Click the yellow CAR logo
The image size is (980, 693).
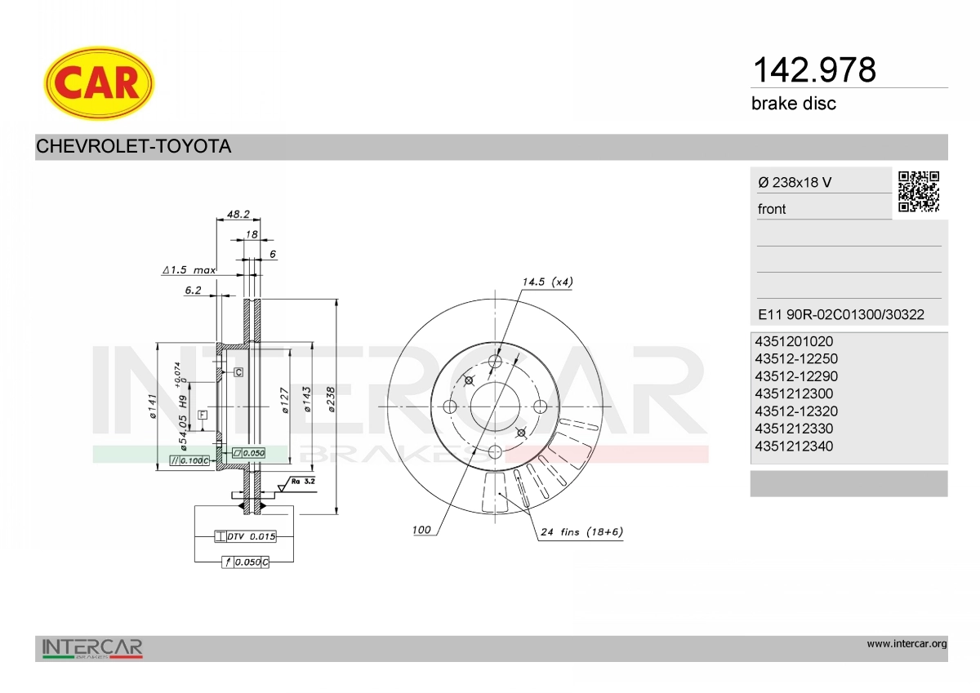(x=99, y=83)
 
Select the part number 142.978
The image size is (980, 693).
(x=814, y=70)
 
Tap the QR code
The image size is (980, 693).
(x=919, y=192)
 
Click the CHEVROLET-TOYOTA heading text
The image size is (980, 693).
(x=133, y=146)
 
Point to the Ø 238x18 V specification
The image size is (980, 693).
(x=795, y=182)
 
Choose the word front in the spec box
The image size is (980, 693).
(x=772, y=209)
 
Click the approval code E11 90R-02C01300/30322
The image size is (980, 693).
(x=841, y=314)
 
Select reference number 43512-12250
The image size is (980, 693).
(x=795, y=358)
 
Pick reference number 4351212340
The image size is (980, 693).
(x=794, y=446)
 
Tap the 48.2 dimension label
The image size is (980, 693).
(x=238, y=214)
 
